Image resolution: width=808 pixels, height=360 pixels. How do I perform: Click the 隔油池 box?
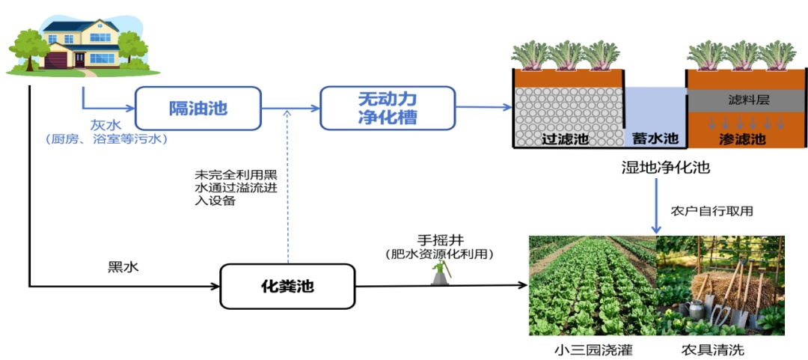pyautogui.click(x=198, y=109)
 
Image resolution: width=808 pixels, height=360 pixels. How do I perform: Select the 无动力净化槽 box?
pyautogui.click(x=388, y=108)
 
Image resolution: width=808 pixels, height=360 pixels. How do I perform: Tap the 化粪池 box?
pyautogui.click(x=287, y=286)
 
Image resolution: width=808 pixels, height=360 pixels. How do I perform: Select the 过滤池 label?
pyautogui.click(x=564, y=139)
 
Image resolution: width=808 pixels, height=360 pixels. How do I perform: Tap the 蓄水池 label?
pyautogui.click(x=655, y=139)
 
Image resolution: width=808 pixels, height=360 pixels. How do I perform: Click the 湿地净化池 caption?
pyautogui.click(x=661, y=168)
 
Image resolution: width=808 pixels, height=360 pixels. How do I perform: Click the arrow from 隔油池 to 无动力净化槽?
pyautogui.click(x=291, y=109)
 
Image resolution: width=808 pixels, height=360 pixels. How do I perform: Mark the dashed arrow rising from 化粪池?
pyautogui.click(x=289, y=187)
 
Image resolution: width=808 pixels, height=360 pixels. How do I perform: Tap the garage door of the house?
pyautogui.click(x=58, y=60)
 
